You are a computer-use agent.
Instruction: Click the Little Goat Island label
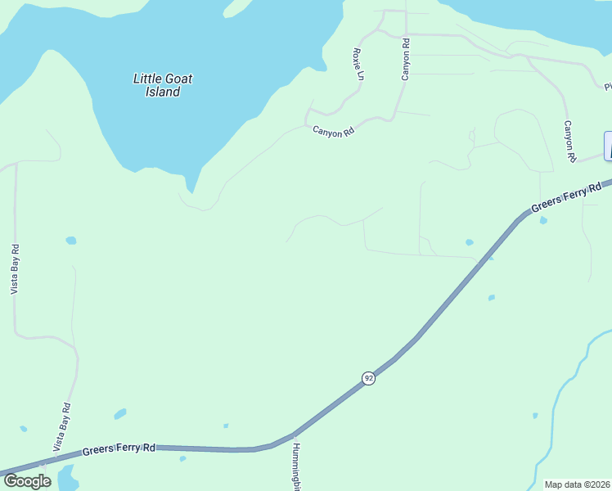click(163, 85)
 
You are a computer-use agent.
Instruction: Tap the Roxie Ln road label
click(358, 64)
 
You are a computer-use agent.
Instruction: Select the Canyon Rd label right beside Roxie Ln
click(405, 60)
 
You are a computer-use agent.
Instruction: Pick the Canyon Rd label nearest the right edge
click(569, 140)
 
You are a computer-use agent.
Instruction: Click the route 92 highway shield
click(369, 378)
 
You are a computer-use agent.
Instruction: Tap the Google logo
click(26, 481)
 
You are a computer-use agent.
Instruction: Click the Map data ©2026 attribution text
click(578, 484)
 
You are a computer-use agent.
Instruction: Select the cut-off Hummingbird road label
click(297, 466)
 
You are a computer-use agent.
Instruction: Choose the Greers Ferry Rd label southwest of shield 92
click(119, 449)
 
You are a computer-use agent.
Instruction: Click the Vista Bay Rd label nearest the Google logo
click(61, 427)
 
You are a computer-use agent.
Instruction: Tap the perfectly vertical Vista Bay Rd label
click(15, 269)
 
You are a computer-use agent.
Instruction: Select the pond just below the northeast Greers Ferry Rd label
click(543, 220)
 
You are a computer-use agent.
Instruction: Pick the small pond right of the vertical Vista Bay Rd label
click(71, 241)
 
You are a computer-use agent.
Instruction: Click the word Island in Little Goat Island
click(163, 92)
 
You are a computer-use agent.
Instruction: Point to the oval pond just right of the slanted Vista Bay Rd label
click(120, 414)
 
